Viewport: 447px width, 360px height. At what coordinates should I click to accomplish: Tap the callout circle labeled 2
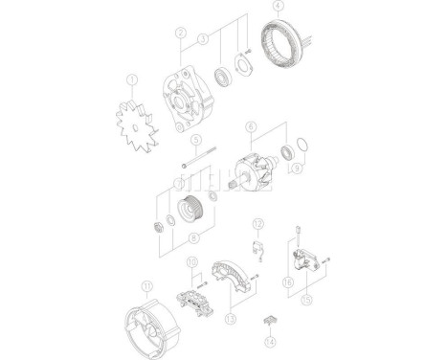[x=179, y=33]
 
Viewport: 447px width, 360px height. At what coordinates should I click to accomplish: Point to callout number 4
[x=277, y=7]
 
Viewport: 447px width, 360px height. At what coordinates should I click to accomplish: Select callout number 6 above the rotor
[x=250, y=125]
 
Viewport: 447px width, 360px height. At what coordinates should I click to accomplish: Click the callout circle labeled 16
[x=287, y=283]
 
